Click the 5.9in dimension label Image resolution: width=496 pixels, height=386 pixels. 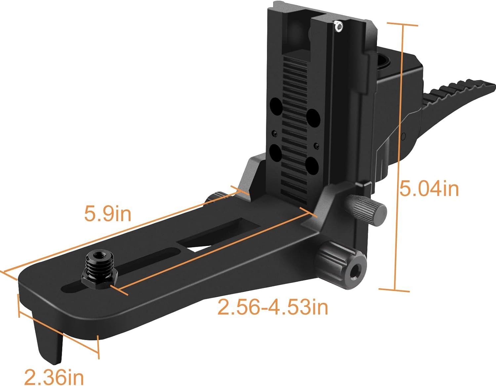click(107, 214)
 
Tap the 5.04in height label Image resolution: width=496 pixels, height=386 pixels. click(429, 189)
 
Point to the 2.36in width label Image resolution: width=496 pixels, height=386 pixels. click(54, 377)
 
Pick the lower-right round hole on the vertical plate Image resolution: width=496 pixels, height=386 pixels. click(312, 165)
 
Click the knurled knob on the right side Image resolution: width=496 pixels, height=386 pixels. click(367, 210)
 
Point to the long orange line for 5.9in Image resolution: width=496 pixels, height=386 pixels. click(122, 232)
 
